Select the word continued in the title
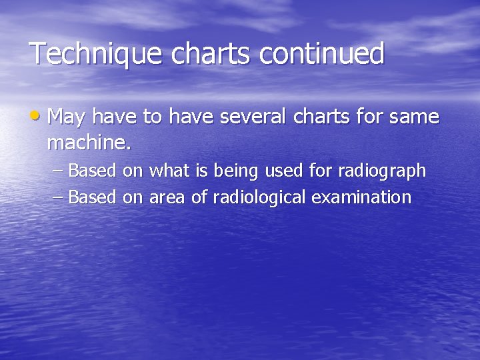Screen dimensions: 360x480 click(x=322, y=54)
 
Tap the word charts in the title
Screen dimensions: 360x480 click(x=214, y=54)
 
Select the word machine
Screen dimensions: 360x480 click(x=89, y=143)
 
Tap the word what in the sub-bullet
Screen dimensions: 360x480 click(x=168, y=171)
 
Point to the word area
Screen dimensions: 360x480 click(x=167, y=198)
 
